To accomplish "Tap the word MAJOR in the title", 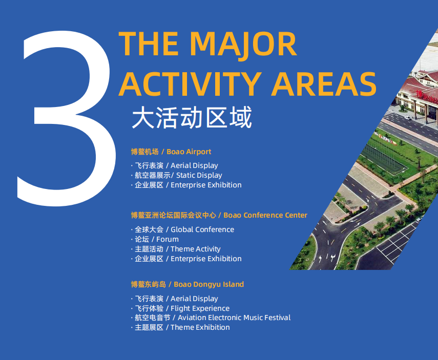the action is [243, 45].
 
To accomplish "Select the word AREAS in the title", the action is [324, 84].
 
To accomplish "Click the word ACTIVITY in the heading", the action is [191, 84].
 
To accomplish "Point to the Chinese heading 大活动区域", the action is [192, 118].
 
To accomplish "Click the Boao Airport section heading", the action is [171, 152].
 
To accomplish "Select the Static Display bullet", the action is [177, 175].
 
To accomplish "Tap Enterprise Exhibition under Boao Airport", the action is [186, 185].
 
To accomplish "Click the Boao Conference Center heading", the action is [219, 215].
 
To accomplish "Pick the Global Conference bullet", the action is [182, 229].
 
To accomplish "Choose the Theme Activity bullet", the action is [176, 249].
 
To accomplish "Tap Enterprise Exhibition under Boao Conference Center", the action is [186, 259].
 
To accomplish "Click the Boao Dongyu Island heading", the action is [187, 284].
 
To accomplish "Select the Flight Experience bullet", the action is [180, 308].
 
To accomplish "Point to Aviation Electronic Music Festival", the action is [211, 317].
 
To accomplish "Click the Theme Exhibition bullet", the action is [180, 327].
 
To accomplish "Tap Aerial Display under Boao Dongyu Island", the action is [174, 299].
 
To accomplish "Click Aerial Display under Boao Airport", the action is [174, 165].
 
